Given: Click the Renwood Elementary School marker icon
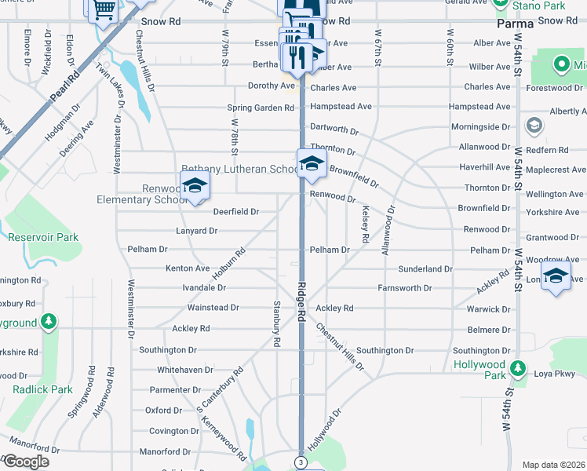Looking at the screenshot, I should [194, 187].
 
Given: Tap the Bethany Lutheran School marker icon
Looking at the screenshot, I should [312, 163].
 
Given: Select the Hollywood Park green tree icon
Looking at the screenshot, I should [517, 367].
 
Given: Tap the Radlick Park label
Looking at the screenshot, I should [42, 389].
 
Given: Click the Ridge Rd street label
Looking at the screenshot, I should [301, 303].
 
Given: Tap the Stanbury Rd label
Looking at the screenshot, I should [276, 323].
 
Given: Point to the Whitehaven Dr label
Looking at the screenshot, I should [185, 370].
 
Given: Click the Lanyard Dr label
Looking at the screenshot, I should [196, 231].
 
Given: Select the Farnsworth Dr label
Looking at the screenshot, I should [404, 288].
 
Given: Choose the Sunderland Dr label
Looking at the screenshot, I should [425, 268].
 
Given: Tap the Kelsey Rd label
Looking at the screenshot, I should [366, 223].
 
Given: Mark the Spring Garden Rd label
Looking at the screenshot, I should [260, 108].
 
